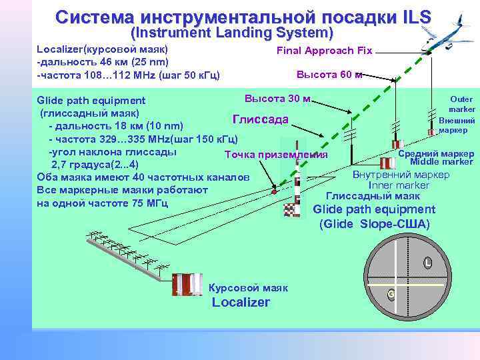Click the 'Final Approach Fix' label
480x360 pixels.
[x=325, y=51]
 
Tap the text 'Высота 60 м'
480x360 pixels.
[x=329, y=74]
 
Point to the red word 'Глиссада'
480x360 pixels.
[x=260, y=119]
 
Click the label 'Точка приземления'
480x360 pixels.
[x=276, y=155]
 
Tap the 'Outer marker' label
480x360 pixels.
[x=461, y=104]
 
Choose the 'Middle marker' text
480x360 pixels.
[x=441, y=162]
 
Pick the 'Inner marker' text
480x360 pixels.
[x=399, y=185]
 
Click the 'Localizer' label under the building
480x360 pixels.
[x=241, y=303]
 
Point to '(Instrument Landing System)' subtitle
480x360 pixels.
[x=231, y=33]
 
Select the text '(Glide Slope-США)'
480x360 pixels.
[x=375, y=223]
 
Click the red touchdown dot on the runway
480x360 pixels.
[x=274, y=192]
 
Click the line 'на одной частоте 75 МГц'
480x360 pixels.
[x=102, y=203]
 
